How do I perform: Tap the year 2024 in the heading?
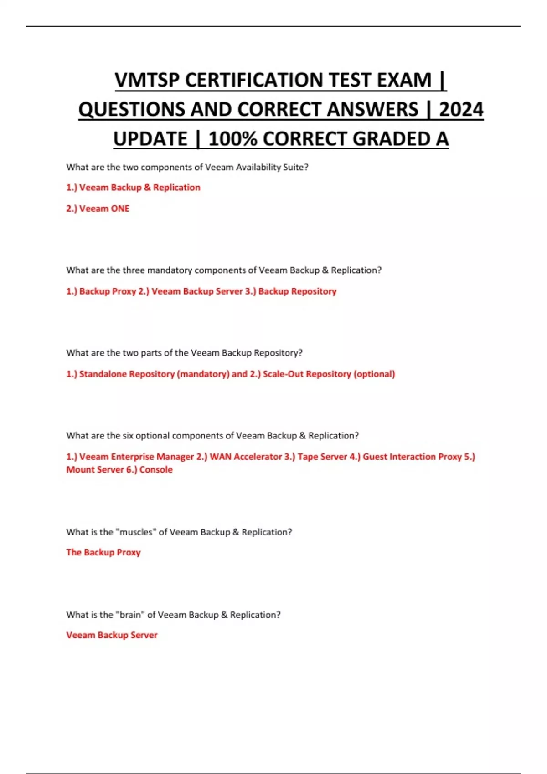pyautogui.click(x=461, y=110)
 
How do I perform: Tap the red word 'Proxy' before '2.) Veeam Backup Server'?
pyautogui.click(x=124, y=291)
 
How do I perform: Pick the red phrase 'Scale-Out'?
pyautogui.click(x=283, y=374)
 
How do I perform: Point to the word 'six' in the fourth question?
pyautogui.click(x=128, y=436)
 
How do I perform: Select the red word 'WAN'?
pyautogui.click(x=220, y=457)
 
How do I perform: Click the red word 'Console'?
pyautogui.click(x=156, y=470)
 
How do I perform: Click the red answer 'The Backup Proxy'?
pyautogui.click(x=103, y=552)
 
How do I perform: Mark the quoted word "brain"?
pyautogui.click(x=130, y=615)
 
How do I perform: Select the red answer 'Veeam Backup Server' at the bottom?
pyautogui.click(x=112, y=635)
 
